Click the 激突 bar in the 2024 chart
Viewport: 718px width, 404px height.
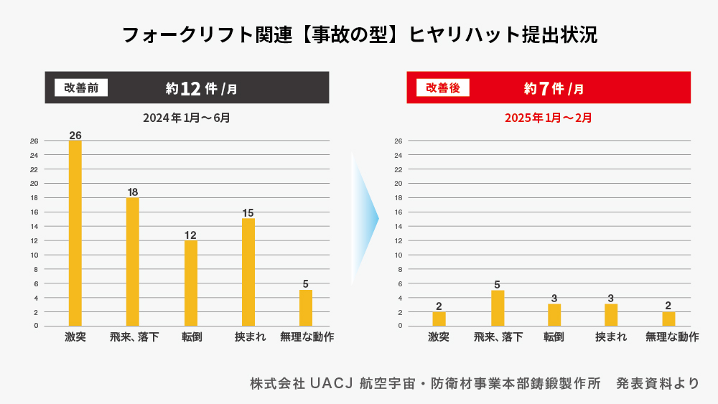75,233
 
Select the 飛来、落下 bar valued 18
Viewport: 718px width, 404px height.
133,262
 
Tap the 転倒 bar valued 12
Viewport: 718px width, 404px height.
190,283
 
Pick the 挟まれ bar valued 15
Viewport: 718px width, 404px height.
248,273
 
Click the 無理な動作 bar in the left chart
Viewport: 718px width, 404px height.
306,308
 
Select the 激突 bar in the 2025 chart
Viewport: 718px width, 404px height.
439,319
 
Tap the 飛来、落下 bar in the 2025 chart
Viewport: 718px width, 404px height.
498,308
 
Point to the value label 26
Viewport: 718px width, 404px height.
75,135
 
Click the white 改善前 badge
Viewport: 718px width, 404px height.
81,88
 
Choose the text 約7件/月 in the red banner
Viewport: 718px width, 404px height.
554,88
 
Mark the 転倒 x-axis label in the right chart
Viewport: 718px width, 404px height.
554,337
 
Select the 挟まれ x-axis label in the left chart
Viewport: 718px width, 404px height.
248,337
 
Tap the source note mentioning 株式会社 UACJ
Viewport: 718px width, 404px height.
474,383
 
